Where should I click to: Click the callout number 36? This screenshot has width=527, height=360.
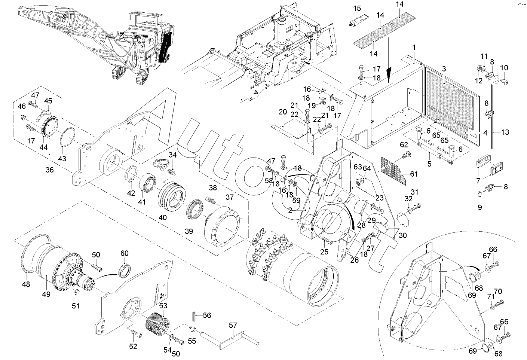click(50, 170)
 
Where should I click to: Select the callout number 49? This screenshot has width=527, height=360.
click(46, 294)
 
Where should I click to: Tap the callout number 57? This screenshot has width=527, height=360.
click(233, 325)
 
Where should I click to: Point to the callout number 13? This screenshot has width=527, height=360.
click(505, 132)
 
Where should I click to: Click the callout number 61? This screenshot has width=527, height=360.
click(414, 174)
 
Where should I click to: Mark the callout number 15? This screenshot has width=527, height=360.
click(357, 9)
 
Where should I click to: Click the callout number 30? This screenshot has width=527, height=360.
click(403, 235)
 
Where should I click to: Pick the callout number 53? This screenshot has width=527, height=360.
click(163, 306)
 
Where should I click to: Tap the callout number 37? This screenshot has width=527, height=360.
click(230, 197)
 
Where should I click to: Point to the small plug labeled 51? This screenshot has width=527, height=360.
click(76, 292)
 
